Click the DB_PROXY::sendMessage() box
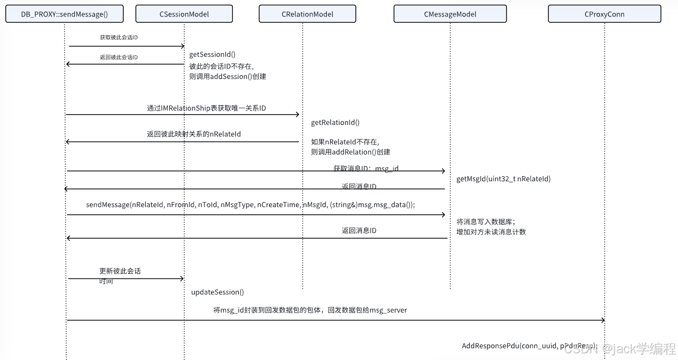coord(65,14)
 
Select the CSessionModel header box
coord(184,14)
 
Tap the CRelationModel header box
coord(307,14)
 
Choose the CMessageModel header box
coord(450,14)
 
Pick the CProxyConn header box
coord(604,14)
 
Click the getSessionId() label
coord(212,54)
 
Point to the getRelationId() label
coord(335,122)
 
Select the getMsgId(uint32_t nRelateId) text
coord(503,179)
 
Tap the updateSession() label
coord(217,292)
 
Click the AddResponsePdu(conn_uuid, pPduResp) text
coord(529,346)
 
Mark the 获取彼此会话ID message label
coord(119,38)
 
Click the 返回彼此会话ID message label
coord(119,57)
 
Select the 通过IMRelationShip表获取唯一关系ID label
coord(206,108)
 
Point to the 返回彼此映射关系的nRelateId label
coord(194,134)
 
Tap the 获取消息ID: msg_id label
coord(366,168)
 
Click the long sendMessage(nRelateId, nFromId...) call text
coord(250,205)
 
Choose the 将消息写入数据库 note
coord(485,221)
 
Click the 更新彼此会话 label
coord(120,271)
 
